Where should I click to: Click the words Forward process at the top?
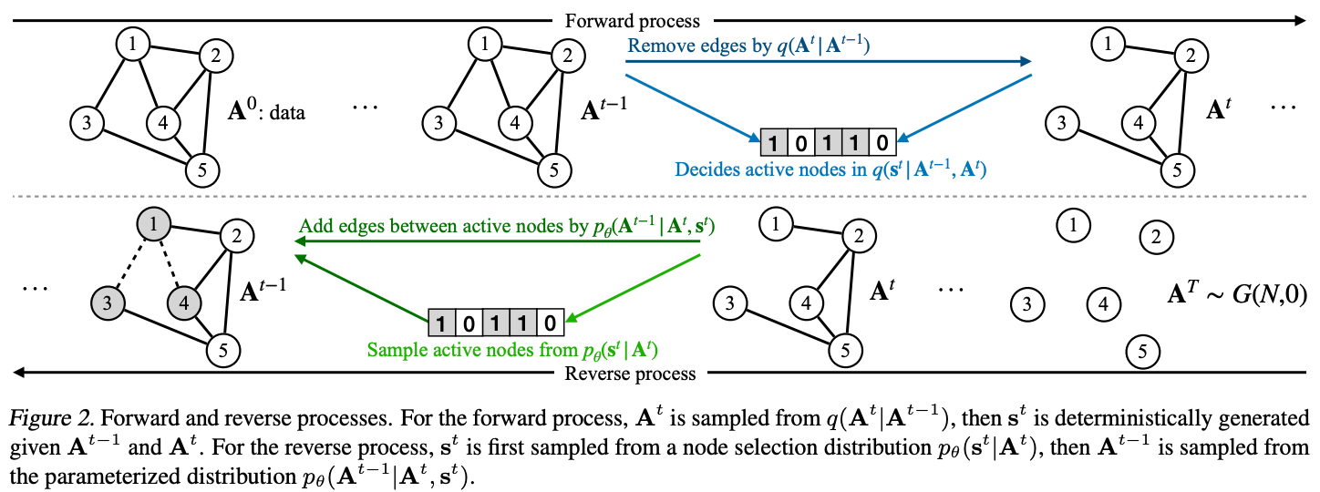633,21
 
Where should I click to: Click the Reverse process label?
630,374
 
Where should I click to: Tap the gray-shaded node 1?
154,224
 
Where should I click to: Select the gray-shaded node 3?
108,302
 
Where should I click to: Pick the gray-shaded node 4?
184,302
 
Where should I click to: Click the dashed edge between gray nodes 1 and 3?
131,263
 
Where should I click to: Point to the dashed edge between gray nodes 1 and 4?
170,263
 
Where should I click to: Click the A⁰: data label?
266,110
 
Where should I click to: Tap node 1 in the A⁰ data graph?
132,45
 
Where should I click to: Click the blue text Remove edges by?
699,46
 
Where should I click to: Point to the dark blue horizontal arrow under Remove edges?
829,61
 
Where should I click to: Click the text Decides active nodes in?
771,169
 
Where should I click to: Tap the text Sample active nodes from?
472,350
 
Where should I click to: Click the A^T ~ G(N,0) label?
1237,292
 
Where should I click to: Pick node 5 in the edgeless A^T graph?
1142,352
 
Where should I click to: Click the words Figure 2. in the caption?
51,418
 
